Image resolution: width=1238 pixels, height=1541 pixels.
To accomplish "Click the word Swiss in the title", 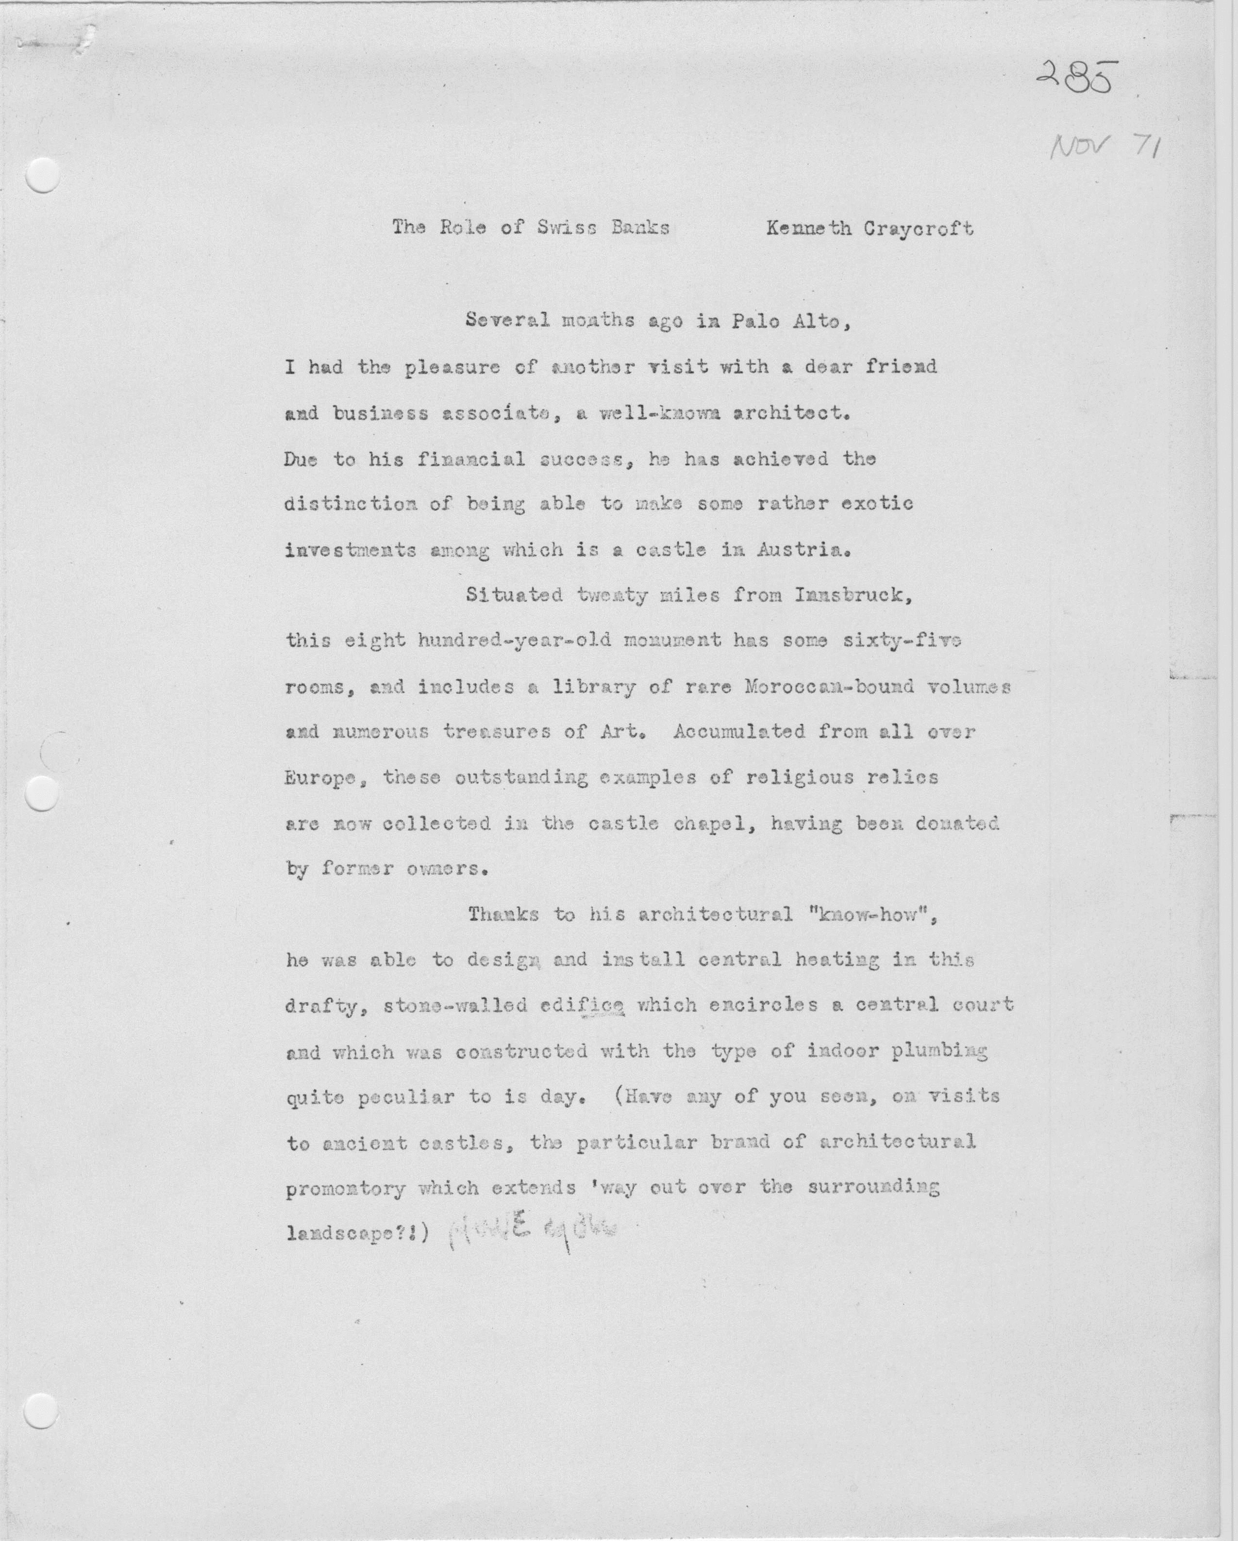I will pos(565,228).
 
